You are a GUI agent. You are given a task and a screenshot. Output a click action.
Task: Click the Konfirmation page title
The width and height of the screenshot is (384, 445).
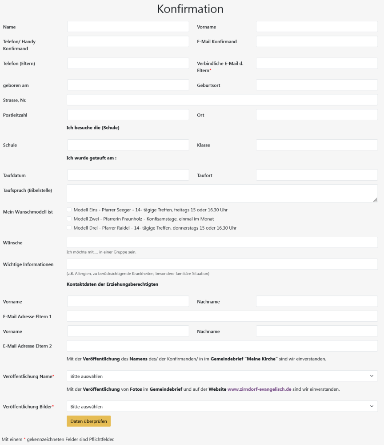click(190, 9)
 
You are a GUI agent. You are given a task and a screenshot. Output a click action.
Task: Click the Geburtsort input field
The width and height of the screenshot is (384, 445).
click(316, 85)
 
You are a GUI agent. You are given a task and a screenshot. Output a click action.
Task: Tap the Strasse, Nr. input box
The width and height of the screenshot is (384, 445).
click(222, 100)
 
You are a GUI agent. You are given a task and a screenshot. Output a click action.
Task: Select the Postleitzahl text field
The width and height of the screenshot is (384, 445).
click(128, 115)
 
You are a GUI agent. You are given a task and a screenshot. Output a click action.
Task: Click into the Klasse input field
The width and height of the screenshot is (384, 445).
click(316, 145)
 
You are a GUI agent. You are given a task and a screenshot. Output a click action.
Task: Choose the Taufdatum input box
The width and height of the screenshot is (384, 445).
click(128, 175)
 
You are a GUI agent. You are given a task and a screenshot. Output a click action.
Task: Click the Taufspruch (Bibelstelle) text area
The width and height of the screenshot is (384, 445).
click(222, 194)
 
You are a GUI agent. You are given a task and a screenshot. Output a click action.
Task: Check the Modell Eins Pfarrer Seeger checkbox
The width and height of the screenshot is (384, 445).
click(69, 210)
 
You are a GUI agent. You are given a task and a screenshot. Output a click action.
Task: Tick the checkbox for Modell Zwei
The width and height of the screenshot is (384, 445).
click(69, 219)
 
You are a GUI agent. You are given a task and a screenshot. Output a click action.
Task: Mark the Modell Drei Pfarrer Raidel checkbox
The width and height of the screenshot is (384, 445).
click(69, 228)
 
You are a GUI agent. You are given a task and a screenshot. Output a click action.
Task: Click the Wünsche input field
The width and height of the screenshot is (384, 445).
click(222, 243)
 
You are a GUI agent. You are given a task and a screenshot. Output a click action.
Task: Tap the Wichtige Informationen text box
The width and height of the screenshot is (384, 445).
click(222, 264)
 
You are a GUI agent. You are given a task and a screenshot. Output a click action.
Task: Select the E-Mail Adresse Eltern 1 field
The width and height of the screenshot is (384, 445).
click(222, 316)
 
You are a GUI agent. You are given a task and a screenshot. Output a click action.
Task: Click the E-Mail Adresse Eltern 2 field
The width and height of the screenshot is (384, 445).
click(222, 346)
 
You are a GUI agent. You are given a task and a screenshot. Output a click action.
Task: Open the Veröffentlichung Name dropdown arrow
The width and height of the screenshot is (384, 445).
click(372, 376)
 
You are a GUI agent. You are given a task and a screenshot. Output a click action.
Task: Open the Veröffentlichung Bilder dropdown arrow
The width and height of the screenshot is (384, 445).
click(372, 406)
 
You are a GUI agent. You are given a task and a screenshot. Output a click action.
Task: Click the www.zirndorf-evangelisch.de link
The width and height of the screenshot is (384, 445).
click(259, 389)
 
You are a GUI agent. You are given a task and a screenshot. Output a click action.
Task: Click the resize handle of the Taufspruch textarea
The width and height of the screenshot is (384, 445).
click(376, 200)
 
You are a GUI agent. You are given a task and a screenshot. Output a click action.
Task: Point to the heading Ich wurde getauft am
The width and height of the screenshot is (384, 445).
click(91, 158)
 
